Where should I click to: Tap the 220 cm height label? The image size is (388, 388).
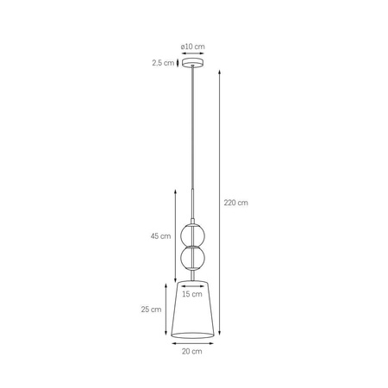(235, 203)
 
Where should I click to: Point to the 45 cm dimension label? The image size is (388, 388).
(159, 236)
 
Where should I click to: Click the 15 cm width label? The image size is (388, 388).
(192, 293)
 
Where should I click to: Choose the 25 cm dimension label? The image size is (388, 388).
(151, 310)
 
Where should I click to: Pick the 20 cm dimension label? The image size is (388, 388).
(193, 352)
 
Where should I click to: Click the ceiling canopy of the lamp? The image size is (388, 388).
(192, 63)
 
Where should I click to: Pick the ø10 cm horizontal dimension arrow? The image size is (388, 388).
(192, 53)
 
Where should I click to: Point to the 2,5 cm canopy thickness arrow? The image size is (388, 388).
(178, 62)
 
